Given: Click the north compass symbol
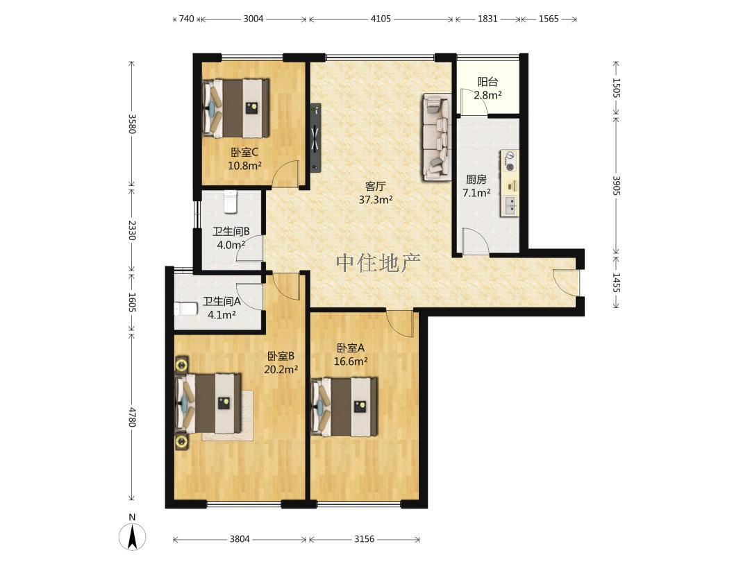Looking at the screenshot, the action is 132,534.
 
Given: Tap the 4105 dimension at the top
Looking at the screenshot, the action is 381,19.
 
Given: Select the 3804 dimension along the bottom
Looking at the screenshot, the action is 240,539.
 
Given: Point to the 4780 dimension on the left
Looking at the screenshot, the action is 132,417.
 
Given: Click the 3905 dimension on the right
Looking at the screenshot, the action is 617,185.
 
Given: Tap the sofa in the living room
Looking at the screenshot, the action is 437,137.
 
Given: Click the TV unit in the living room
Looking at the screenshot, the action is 315,137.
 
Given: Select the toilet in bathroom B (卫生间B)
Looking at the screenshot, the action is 231,202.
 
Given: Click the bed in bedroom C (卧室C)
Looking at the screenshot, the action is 236,108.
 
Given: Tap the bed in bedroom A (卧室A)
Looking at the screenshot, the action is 344,407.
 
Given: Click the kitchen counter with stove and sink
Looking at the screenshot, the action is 510,183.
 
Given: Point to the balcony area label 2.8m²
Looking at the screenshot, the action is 487,95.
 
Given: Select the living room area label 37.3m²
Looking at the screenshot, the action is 376,200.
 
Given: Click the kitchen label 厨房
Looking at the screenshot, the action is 476,180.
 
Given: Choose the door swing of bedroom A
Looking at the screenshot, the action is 400,323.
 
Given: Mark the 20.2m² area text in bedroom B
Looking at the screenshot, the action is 281,369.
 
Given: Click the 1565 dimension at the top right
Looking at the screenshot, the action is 549,19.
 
